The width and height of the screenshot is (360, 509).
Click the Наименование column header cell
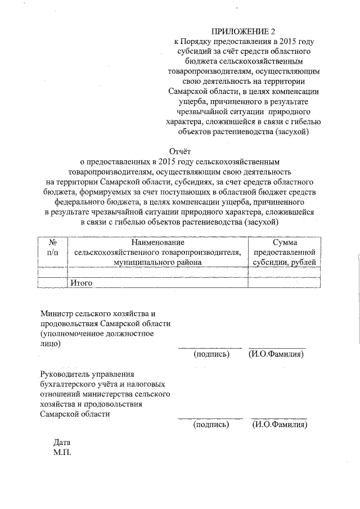158,252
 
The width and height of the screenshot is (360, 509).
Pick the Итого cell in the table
81,283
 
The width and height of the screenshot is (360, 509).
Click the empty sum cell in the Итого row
285,283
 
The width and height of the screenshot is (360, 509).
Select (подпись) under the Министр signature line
211,354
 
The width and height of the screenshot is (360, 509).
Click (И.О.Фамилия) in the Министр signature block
277,354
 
